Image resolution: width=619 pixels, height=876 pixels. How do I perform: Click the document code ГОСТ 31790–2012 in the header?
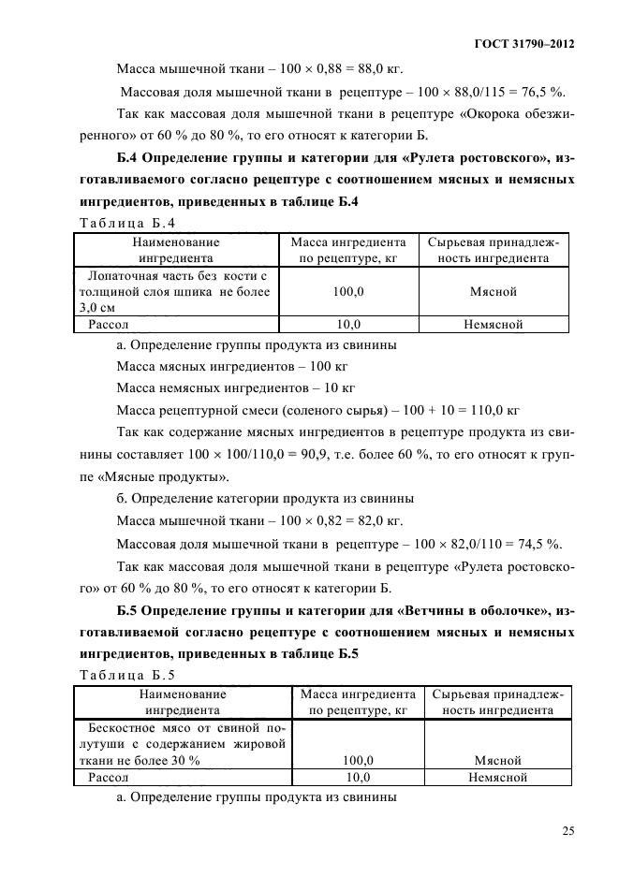coord(524,44)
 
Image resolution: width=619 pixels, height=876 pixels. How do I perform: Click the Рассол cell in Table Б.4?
coord(109,325)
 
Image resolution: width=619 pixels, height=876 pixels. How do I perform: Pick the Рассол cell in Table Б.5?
coord(109,777)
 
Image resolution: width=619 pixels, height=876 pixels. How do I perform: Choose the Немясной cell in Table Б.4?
coord(493,325)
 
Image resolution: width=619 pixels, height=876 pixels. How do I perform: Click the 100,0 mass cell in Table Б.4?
coord(348,292)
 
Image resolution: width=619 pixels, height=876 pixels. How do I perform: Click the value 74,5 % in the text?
coord(537,544)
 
